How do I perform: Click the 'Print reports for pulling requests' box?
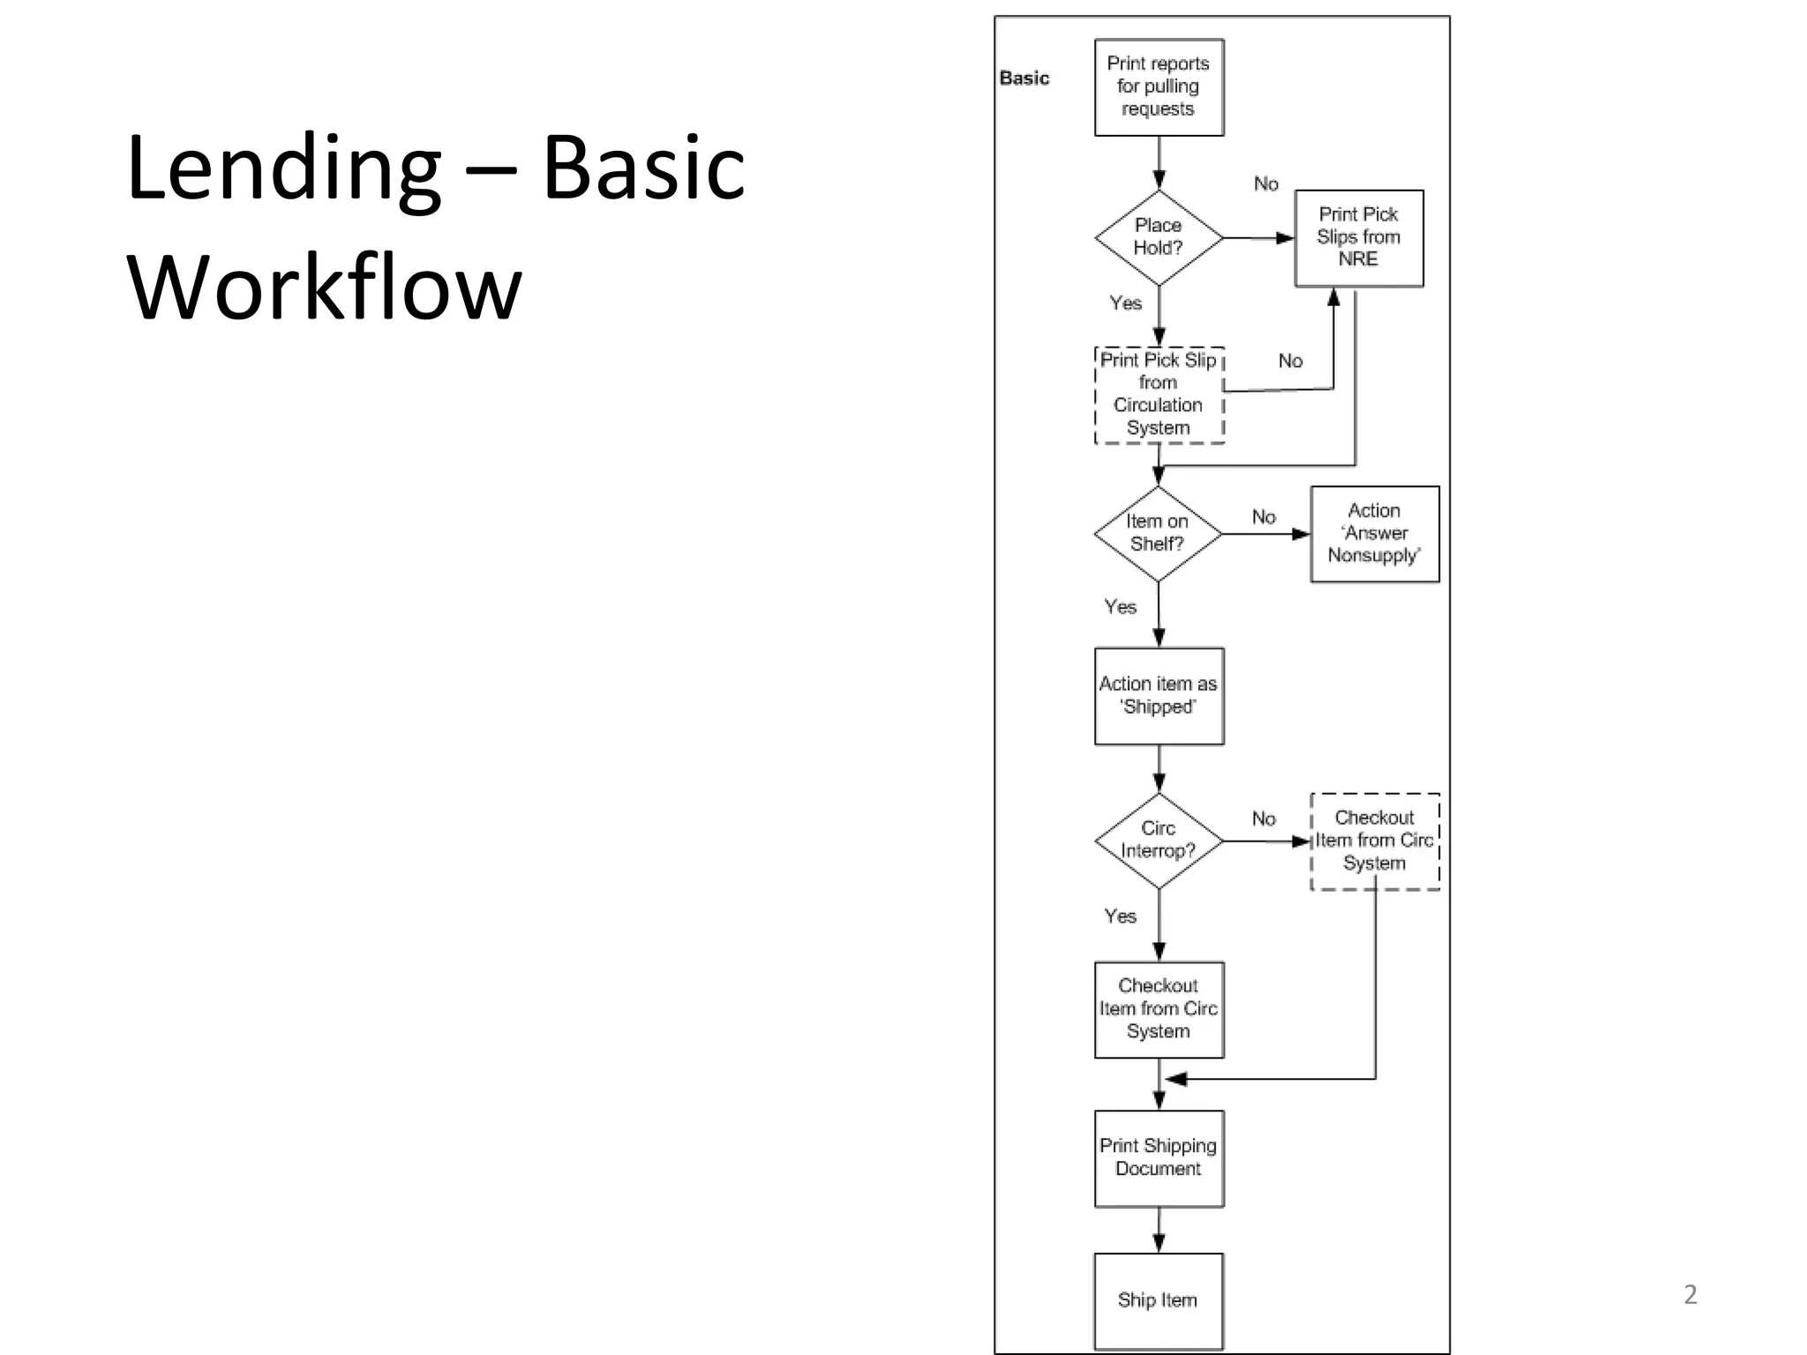click(x=1158, y=86)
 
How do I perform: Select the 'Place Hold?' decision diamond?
click(x=1158, y=237)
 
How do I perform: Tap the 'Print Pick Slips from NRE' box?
click(x=1358, y=237)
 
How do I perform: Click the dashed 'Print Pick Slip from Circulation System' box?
click(x=1158, y=394)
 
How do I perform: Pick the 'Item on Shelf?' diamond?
click(x=1158, y=533)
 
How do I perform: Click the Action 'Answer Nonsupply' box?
click(x=1374, y=533)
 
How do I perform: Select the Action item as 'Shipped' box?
click(x=1158, y=695)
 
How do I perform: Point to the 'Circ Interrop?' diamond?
click(x=1158, y=840)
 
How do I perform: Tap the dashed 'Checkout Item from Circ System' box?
click(x=1374, y=840)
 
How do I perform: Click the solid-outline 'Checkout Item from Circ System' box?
click(x=1158, y=1008)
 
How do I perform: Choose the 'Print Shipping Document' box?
click(x=1158, y=1157)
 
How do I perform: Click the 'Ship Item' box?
click(x=1158, y=1299)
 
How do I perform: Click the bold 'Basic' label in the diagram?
click(x=1023, y=79)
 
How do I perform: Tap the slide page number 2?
click(x=1690, y=1294)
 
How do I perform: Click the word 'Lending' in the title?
click(x=282, y=168)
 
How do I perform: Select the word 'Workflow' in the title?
click(x=325, y=288)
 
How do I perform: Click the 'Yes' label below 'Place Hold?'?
click(x=1125, y=303)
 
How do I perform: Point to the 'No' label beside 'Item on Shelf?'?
click(x=1263, y=517)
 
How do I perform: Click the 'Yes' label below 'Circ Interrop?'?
click(x=1120, y=917)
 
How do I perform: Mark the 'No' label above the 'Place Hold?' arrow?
click(x=1265, y=183)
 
